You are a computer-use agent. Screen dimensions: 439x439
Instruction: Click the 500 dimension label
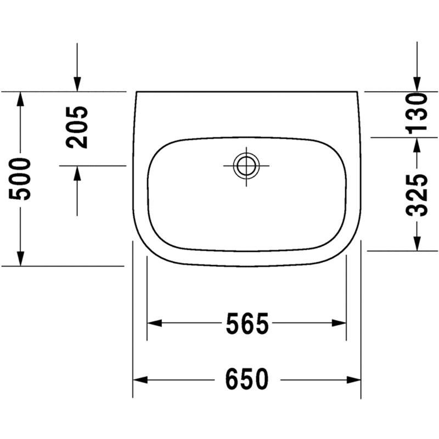click(20, 179)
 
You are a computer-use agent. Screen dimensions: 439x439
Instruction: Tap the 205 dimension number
click(77, 127)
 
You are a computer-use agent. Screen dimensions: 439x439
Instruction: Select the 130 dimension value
click(417, 114)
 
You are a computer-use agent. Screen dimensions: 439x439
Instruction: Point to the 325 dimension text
click(417, 195)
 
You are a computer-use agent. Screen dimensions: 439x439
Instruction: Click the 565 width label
click(247, 324)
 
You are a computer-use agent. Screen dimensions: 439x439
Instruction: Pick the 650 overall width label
click(247, 379)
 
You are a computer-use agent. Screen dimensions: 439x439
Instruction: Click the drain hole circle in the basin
click(246, 166)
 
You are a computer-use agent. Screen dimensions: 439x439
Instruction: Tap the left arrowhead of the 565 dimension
click(155, 323)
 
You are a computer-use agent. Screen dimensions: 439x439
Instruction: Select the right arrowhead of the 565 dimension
click(339, 323)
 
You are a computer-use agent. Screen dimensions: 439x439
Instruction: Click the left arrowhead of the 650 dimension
click(140, 380)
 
